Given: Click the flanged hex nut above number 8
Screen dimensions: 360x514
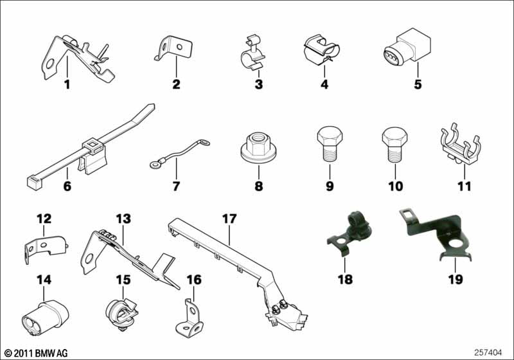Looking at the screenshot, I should click(x=260, y=148).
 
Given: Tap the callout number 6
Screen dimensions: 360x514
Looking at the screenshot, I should click(x=66, y=187).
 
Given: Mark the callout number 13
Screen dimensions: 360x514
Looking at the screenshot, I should click(x=123, y=219).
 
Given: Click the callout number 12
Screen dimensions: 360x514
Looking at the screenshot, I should click(x=44, y=219).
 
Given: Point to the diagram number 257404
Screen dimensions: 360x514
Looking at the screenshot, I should click(x=488, y=353).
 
